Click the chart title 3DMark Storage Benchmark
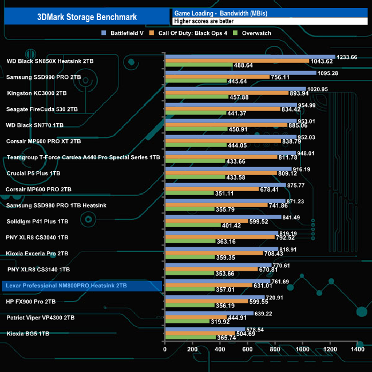click(x=86, y=16)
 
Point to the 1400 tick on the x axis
click(x=358, y=349)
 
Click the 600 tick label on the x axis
click(x=248, y=349)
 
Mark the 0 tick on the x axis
click(x=165, y=349)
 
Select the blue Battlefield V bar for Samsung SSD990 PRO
click(x=240, y=73)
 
